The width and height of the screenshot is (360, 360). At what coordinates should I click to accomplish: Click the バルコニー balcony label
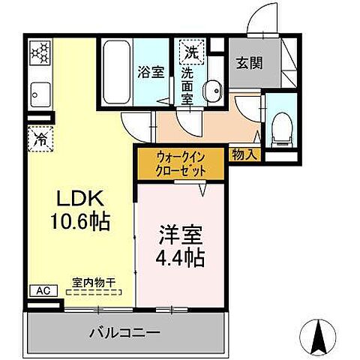(127, 330)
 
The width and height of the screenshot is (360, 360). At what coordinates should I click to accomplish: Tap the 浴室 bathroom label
(150, 73)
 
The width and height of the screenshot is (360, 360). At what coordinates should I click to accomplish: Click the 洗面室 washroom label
(187, 87)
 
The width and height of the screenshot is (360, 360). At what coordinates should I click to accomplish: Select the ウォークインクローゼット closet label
(180, 163)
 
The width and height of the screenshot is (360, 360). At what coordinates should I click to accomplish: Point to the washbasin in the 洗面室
(214, 90)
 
